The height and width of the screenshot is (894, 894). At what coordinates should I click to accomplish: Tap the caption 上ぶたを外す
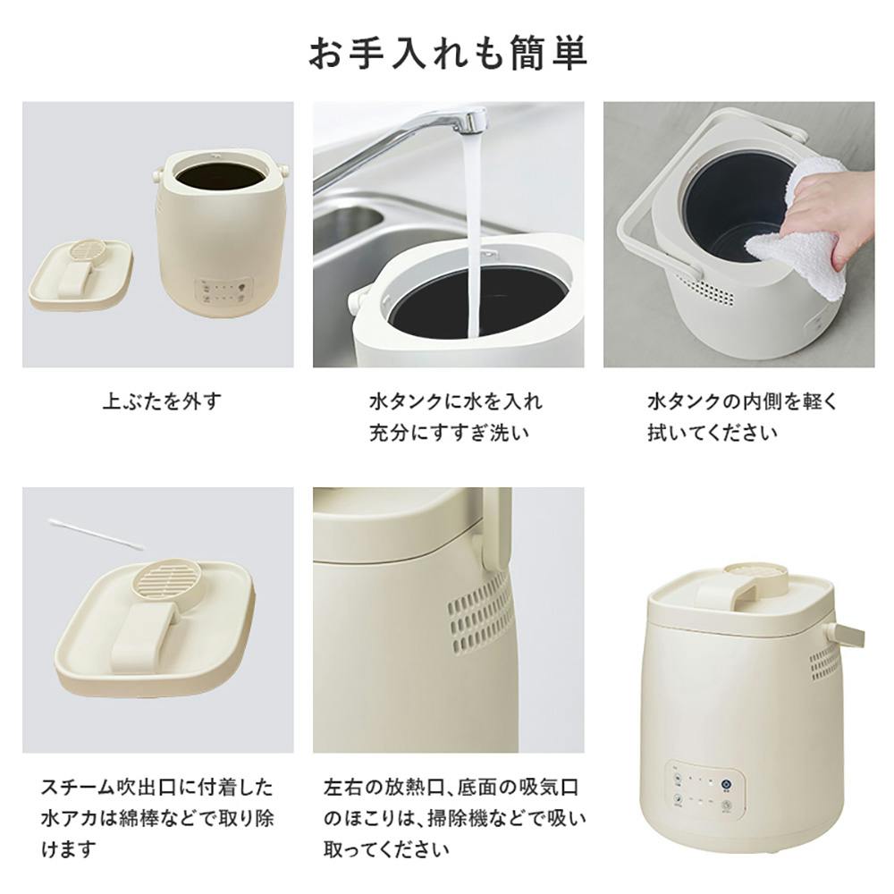point(162,402)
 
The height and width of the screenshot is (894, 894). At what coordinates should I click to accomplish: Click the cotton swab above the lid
point(96,535)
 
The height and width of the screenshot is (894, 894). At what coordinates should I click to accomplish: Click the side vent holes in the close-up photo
point(480,612)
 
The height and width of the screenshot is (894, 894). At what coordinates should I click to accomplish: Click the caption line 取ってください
point(386,850)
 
